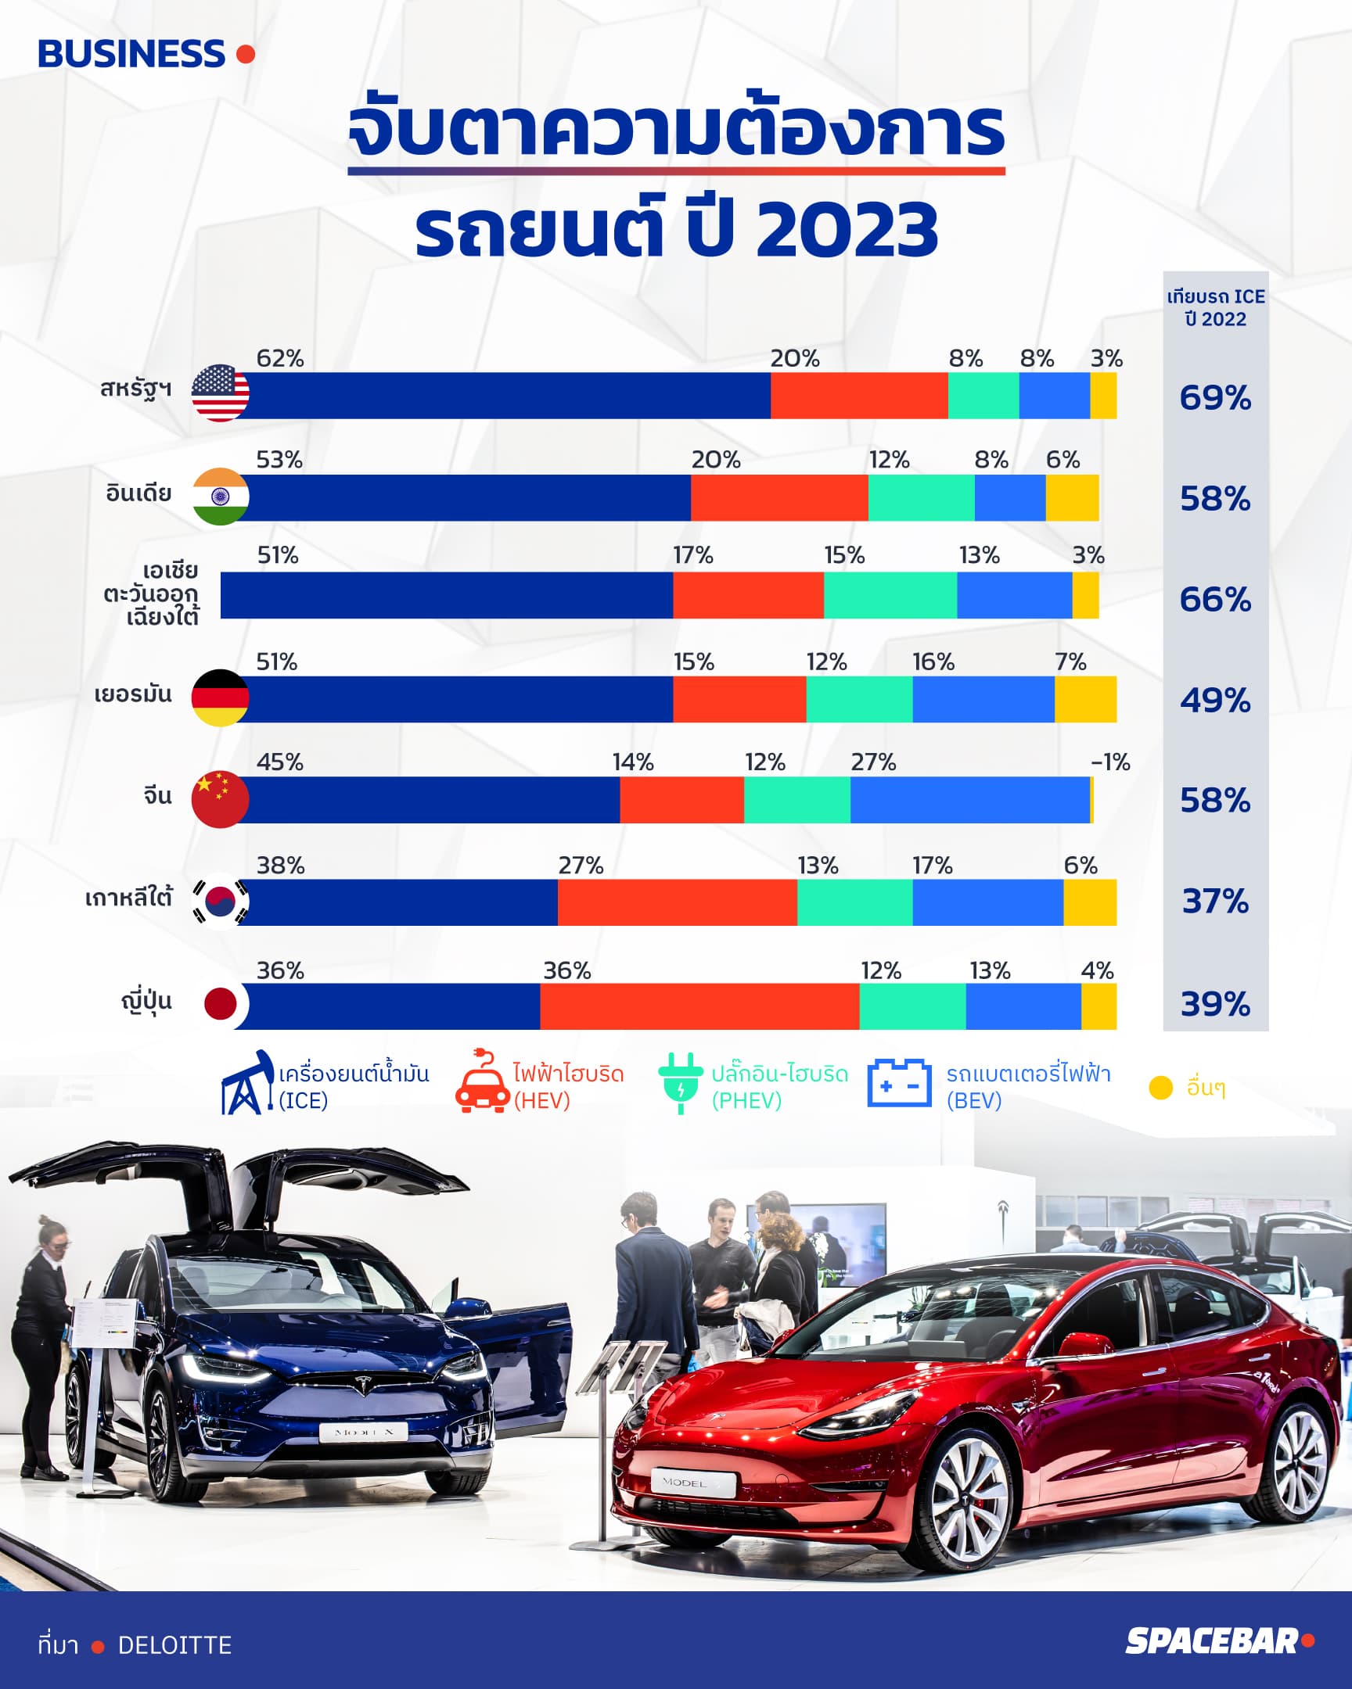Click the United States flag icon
coord(220,393)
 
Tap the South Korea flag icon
coord(220,901)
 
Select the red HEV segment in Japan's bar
coord(700,1006)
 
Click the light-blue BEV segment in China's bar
coord(969,800)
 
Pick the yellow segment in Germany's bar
coord(1085,699)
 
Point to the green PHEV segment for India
coord(922,497)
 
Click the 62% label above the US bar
coord(280,358)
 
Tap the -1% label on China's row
coord(1110,762)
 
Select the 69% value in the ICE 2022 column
coord(1215,398)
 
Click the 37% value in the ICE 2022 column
coord(1215,902)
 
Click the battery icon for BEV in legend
coord(899,1083)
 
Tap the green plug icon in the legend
coord(681,1084)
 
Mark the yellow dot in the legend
coord(1160,1088)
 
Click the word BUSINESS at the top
coord(131,54)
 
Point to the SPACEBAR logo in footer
coord(1219,1641)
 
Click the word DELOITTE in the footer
coord(174,1645)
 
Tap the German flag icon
coord(220,698)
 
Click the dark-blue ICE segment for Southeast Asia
coord(447,595)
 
